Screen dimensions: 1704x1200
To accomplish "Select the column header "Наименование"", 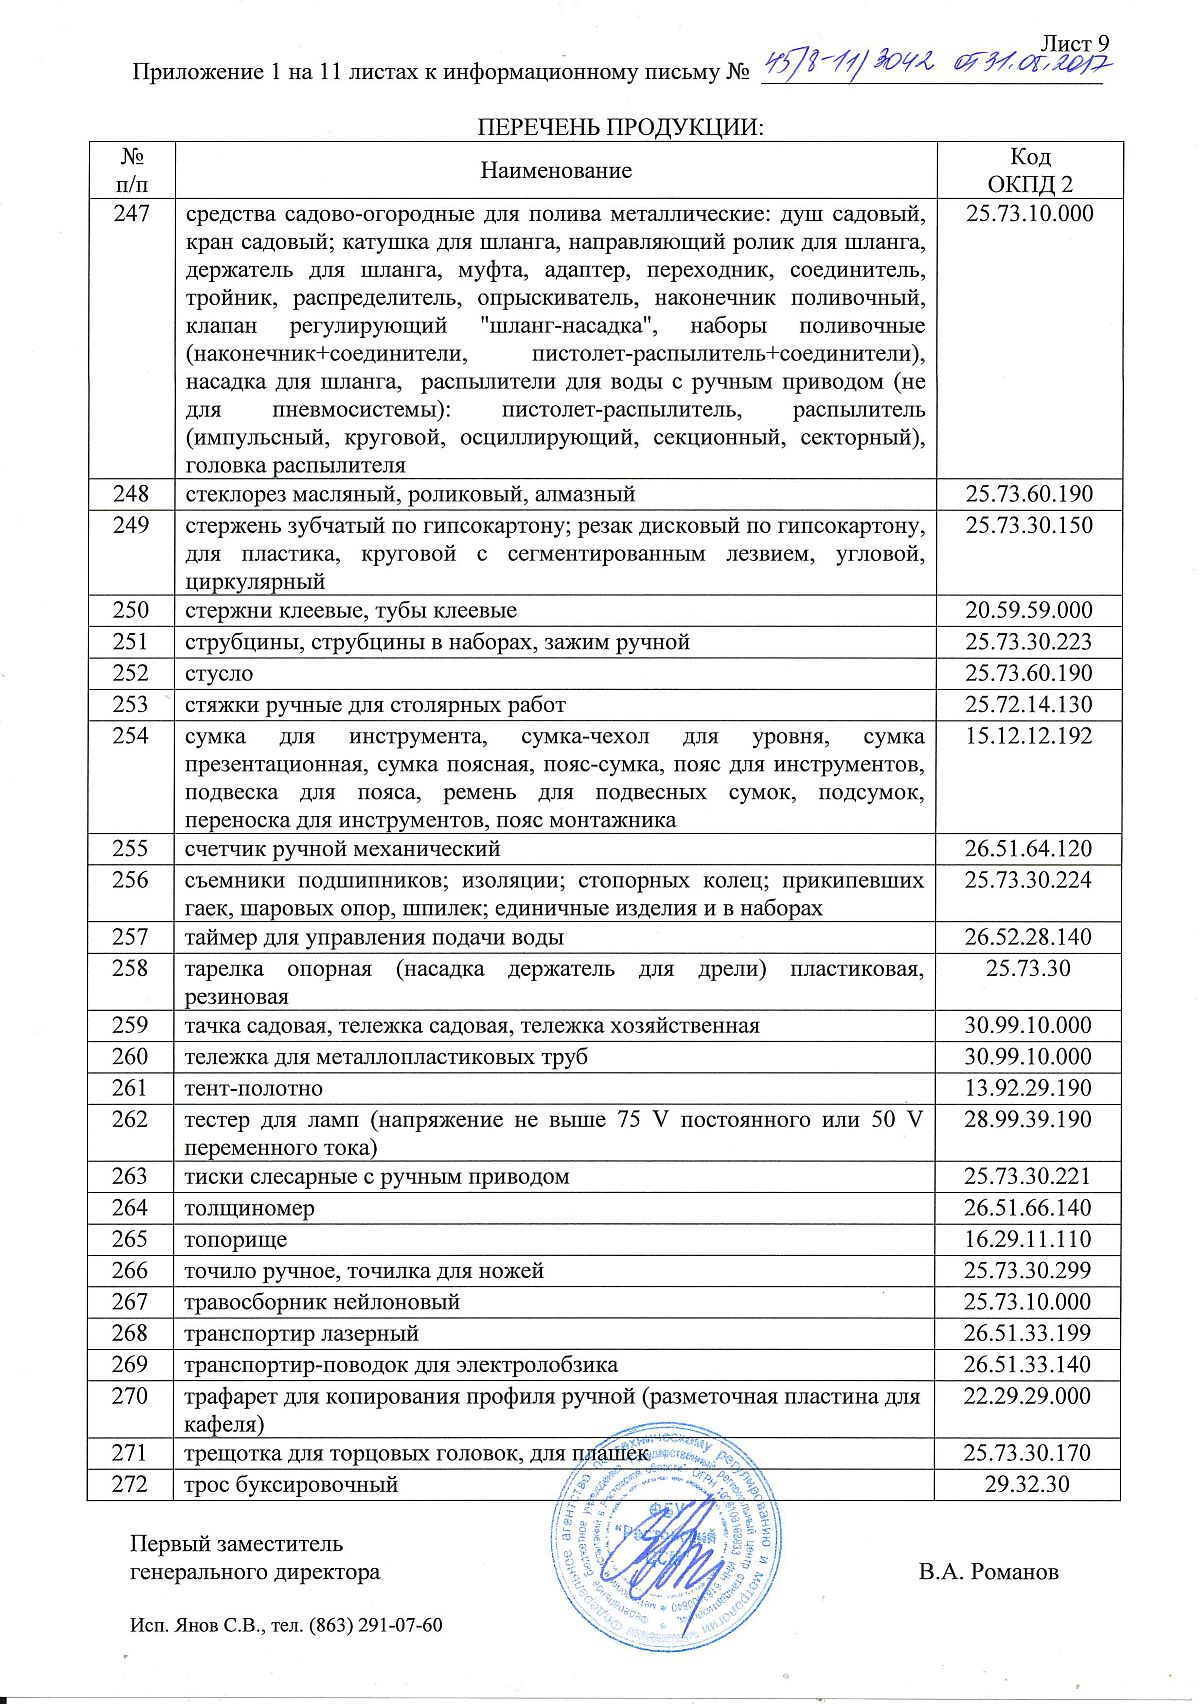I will click(556, 171).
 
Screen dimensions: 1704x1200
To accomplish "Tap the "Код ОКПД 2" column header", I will click(1029, 171).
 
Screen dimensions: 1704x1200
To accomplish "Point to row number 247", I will click(131, 213).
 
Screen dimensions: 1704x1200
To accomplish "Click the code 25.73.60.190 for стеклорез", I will click(1029, 494).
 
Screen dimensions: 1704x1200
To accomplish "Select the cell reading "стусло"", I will click(219, 673).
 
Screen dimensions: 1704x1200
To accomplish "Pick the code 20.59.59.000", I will click(1029, 610).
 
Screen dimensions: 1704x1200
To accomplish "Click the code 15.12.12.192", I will click(1029, 736).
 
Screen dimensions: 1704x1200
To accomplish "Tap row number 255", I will click(131, 849).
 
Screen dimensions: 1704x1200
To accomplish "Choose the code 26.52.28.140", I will click(1029, 937).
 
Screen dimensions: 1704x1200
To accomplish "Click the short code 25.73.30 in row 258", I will click(1029, 968).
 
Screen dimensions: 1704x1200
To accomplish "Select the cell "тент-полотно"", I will click(253, 1088).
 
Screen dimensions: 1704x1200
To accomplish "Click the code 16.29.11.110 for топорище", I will click(1029, 1239).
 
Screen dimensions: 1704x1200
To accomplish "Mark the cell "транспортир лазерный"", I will click(301, 1333).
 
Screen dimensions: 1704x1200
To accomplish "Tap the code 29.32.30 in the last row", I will click(1029, 1484).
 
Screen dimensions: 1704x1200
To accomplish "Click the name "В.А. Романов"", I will click(988, 1572).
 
